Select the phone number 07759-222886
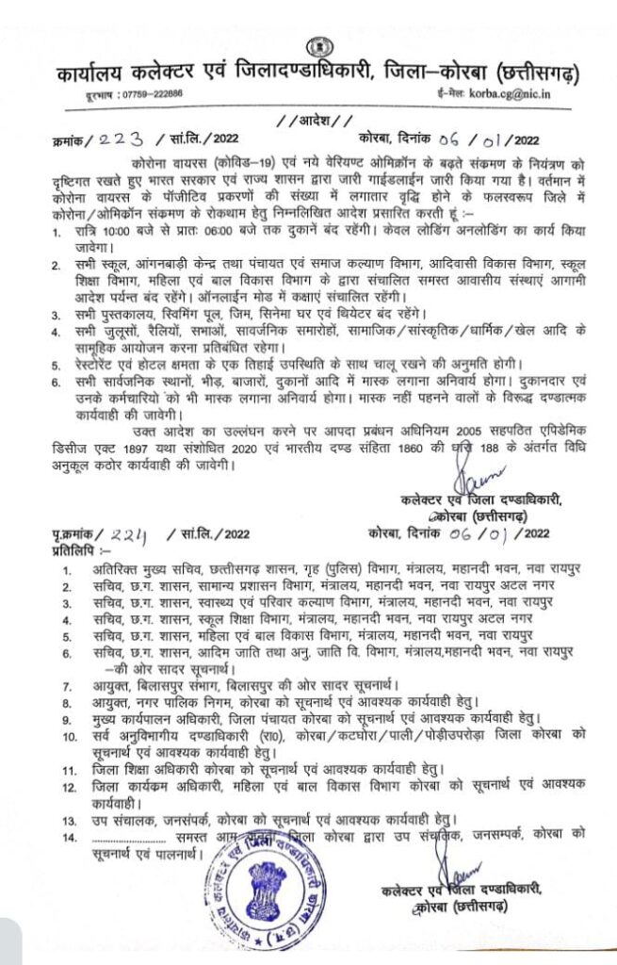[141, 94]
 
